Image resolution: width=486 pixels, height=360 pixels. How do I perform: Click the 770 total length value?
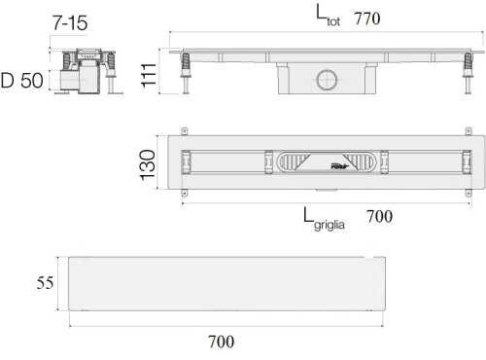(x=367, y=18)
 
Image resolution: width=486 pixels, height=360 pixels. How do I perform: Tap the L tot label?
(x=328, y=16)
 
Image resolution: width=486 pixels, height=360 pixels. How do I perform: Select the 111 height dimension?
(x=149, y=75)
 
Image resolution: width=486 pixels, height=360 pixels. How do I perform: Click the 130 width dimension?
(x=148, y=164)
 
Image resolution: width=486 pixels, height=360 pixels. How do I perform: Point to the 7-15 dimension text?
(x=70, y=23)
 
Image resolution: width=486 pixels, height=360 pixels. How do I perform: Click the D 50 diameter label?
(x=22, y=81)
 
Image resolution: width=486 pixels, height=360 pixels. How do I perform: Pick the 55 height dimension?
(x=45, y=283)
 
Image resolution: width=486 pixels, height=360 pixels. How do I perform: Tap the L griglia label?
(x=324, y=220)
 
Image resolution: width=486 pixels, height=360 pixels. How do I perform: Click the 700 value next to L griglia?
(x=379, y=216)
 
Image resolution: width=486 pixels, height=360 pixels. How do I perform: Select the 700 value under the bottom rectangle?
(x=221, y=342)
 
